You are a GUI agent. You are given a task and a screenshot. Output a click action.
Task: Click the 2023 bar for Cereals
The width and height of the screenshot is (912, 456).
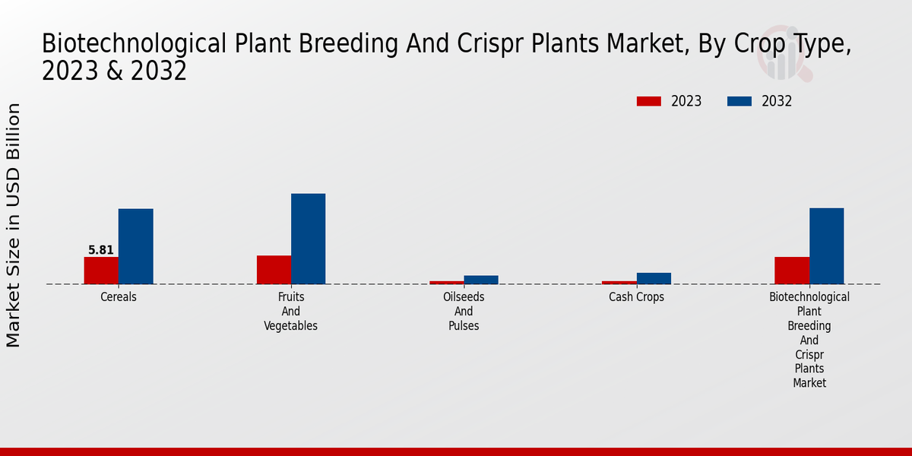[101, 271]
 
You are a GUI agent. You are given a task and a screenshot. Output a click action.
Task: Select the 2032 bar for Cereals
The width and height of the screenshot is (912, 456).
[135, 246]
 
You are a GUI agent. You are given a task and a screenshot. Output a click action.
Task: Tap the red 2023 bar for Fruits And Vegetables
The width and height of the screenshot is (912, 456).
[274, 270]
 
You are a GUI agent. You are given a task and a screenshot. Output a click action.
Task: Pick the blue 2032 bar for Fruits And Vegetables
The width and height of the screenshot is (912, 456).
[308, 239]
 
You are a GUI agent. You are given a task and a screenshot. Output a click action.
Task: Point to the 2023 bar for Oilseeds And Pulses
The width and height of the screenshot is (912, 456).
[446, 282]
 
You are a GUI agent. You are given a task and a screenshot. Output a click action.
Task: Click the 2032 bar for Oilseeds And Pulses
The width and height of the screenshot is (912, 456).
[481, 280]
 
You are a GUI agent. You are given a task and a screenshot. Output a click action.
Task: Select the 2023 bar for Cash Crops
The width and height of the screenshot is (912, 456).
[619, 282]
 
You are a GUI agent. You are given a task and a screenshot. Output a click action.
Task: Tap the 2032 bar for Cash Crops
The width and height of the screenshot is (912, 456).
[654, 278]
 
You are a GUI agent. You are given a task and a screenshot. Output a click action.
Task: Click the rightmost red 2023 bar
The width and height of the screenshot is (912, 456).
[791, 271]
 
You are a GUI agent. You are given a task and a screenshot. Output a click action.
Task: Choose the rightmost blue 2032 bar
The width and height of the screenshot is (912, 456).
[826, 246]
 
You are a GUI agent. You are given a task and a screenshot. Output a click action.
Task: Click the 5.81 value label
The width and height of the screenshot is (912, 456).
[101, 250]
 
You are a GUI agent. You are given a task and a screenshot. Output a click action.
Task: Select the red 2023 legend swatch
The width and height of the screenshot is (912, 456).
[649, 102]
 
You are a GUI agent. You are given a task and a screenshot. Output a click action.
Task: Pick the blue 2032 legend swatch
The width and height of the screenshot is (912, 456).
[739, 102]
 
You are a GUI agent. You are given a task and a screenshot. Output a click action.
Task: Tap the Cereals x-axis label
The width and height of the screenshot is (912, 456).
[119, 297]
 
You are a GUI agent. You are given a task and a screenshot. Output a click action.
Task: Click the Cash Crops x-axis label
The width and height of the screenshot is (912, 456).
[636, 297]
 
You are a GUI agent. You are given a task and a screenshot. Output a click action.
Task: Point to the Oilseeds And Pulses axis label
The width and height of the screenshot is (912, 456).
[464, 312]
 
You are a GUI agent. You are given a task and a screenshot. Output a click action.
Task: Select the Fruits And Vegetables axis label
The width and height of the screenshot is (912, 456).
[290, 312]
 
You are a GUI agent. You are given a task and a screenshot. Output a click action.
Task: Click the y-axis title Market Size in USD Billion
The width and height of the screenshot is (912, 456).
[14, 225]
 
